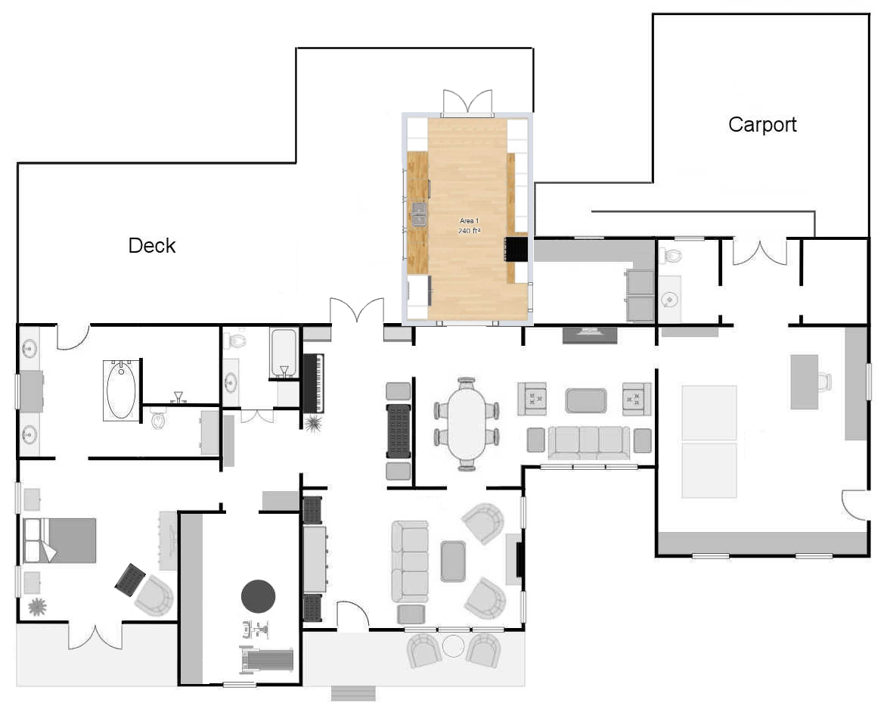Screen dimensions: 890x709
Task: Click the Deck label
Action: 151,245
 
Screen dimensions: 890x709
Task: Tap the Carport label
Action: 762,124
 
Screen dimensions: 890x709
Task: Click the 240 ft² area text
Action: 469,231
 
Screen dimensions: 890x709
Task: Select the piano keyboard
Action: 313,384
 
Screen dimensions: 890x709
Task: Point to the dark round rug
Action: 259,596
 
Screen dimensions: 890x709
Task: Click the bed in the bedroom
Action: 59,540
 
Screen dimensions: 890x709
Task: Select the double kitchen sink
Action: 419,214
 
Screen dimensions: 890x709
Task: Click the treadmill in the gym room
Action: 266,660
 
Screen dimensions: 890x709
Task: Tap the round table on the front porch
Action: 453,646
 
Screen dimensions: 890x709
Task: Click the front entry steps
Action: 353,694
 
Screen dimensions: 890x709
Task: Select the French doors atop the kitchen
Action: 467,102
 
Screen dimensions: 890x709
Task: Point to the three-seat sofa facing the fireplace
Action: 410,562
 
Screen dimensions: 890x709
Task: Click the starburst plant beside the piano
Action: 313,424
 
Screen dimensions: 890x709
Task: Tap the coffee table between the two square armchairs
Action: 586,400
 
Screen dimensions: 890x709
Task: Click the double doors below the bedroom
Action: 95,636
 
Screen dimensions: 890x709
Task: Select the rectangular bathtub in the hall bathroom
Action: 284,353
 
